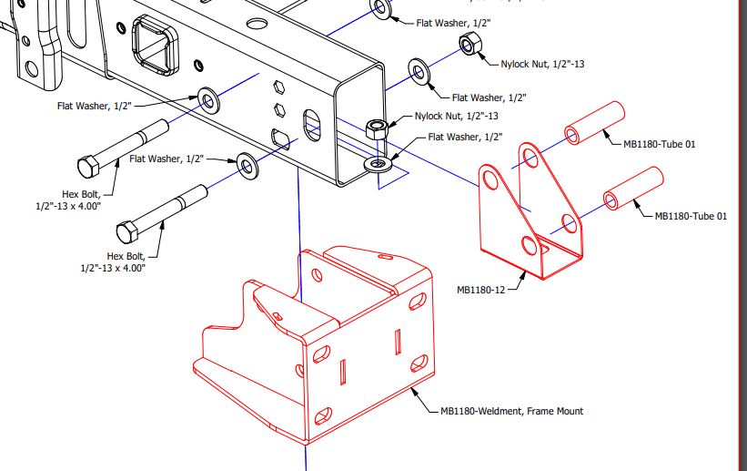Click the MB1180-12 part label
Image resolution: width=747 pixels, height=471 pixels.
pos(480,290)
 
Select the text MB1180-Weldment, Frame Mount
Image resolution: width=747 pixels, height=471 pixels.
pos(511,412)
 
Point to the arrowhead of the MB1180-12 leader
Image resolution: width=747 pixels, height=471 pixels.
pos(524,274)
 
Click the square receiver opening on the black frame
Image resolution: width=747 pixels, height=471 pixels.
pos(155,46)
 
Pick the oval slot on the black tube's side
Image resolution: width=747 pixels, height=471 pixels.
pos(312,125)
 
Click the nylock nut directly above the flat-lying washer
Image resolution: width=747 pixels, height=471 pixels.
pos(377,129)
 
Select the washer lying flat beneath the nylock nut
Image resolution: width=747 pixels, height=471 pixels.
pos(379,165)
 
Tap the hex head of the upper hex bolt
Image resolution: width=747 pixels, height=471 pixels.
pos(88,167)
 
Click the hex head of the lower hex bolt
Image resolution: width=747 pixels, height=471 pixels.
pos(127,232)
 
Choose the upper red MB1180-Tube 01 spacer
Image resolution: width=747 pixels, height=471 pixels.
pos(594,123)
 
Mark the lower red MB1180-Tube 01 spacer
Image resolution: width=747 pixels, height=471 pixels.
pos(633,188)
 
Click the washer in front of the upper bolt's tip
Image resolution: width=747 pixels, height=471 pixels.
pos(208,100)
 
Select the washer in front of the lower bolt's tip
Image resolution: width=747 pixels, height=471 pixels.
pos(247,167)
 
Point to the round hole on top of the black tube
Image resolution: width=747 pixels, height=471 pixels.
pos(257,24)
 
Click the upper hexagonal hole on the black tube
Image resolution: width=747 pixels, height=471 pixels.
pos(279,87)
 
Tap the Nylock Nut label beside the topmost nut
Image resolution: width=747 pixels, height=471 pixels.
pos(542,64)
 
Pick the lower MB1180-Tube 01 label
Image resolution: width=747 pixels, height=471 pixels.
pos(691,216)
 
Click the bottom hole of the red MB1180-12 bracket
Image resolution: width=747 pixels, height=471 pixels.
pos(530,246)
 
